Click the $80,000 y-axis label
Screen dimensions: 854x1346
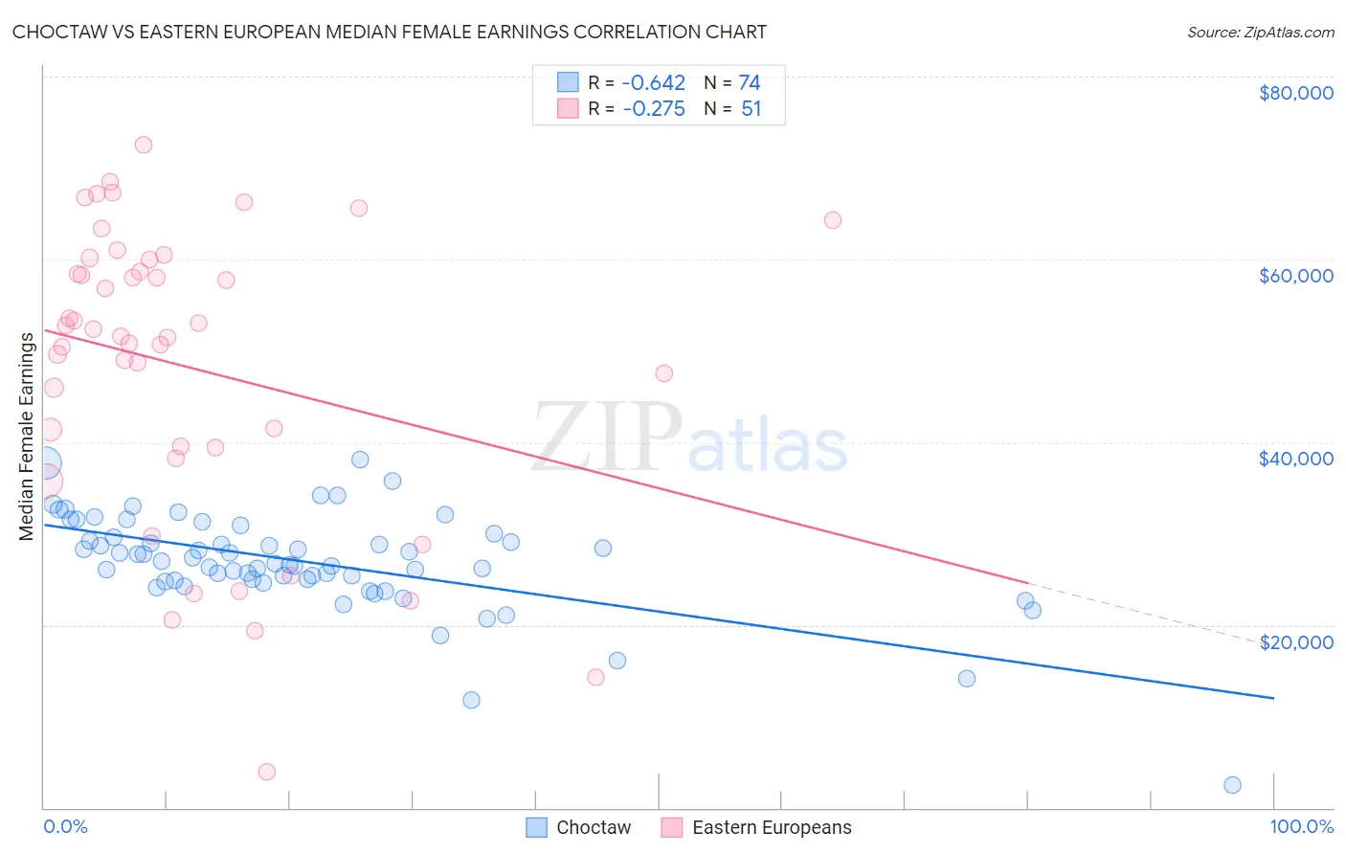pos(1295,93)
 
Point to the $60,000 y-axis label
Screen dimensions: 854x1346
pos(1295,276)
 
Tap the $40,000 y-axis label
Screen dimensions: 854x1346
pos(1295,459)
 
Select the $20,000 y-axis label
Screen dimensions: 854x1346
pos(1295,642)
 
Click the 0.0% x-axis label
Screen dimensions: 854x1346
pos(65,826)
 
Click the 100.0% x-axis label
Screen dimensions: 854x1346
pos(1301,826)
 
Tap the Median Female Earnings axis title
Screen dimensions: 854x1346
pos(27,436)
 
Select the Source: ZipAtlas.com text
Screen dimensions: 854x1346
pos(1260,32)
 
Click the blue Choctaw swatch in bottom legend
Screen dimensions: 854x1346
pos(537,827)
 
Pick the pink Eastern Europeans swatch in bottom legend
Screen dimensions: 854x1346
pos(672,827)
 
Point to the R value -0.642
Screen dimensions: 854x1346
pos(653,82)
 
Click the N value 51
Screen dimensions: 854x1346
pos(751,109)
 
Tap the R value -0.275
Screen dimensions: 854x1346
pos(653,109)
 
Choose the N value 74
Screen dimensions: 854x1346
pos(749,82)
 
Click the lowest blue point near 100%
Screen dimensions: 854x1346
pos(1232,785)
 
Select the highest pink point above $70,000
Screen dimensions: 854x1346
pos(144,145)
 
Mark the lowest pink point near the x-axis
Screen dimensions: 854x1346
pos(267,772)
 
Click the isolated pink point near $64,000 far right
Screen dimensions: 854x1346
pos(833,220)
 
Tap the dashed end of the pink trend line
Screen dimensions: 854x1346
pos(1149,613)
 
